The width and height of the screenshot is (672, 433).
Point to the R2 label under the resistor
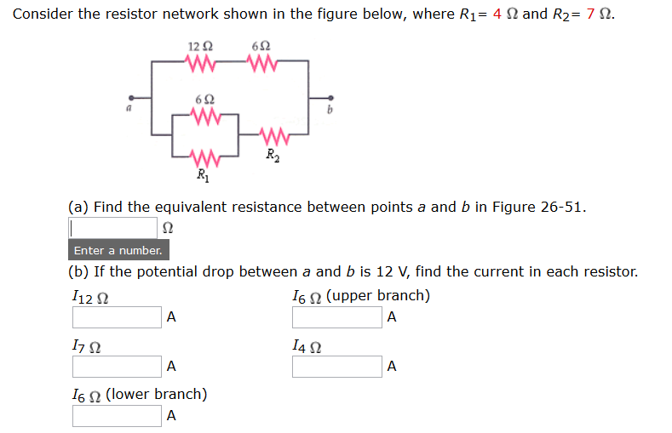pyautogui.click(x=271, y=155)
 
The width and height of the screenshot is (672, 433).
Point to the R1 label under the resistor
pyautogui.click(x=202, y=176)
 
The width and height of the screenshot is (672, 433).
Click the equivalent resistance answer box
pyautogui.click(x=112, y=228)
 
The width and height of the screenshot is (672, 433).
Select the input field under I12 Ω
pyautogui.click(x=117, y=317)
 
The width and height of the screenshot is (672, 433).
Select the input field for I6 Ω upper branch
pyautogui.click(x=336, y=317)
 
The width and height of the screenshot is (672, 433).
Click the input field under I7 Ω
pyautogui.click(x=117, y=367)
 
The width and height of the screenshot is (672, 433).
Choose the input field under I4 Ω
pyautogui.click(x=336, y=367)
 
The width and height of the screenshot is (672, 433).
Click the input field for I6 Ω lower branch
pyautogui.click(x=117, y=416)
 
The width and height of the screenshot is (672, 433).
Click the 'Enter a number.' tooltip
pyautogui.click(x=118, y=250)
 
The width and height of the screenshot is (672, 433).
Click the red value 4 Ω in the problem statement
pyautogui.click(x=505, y=14)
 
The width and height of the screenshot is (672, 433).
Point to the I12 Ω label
pyautogui.click(x=89, y=297)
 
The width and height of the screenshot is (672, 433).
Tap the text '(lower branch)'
pyautogui.click(x=158, y=395)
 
